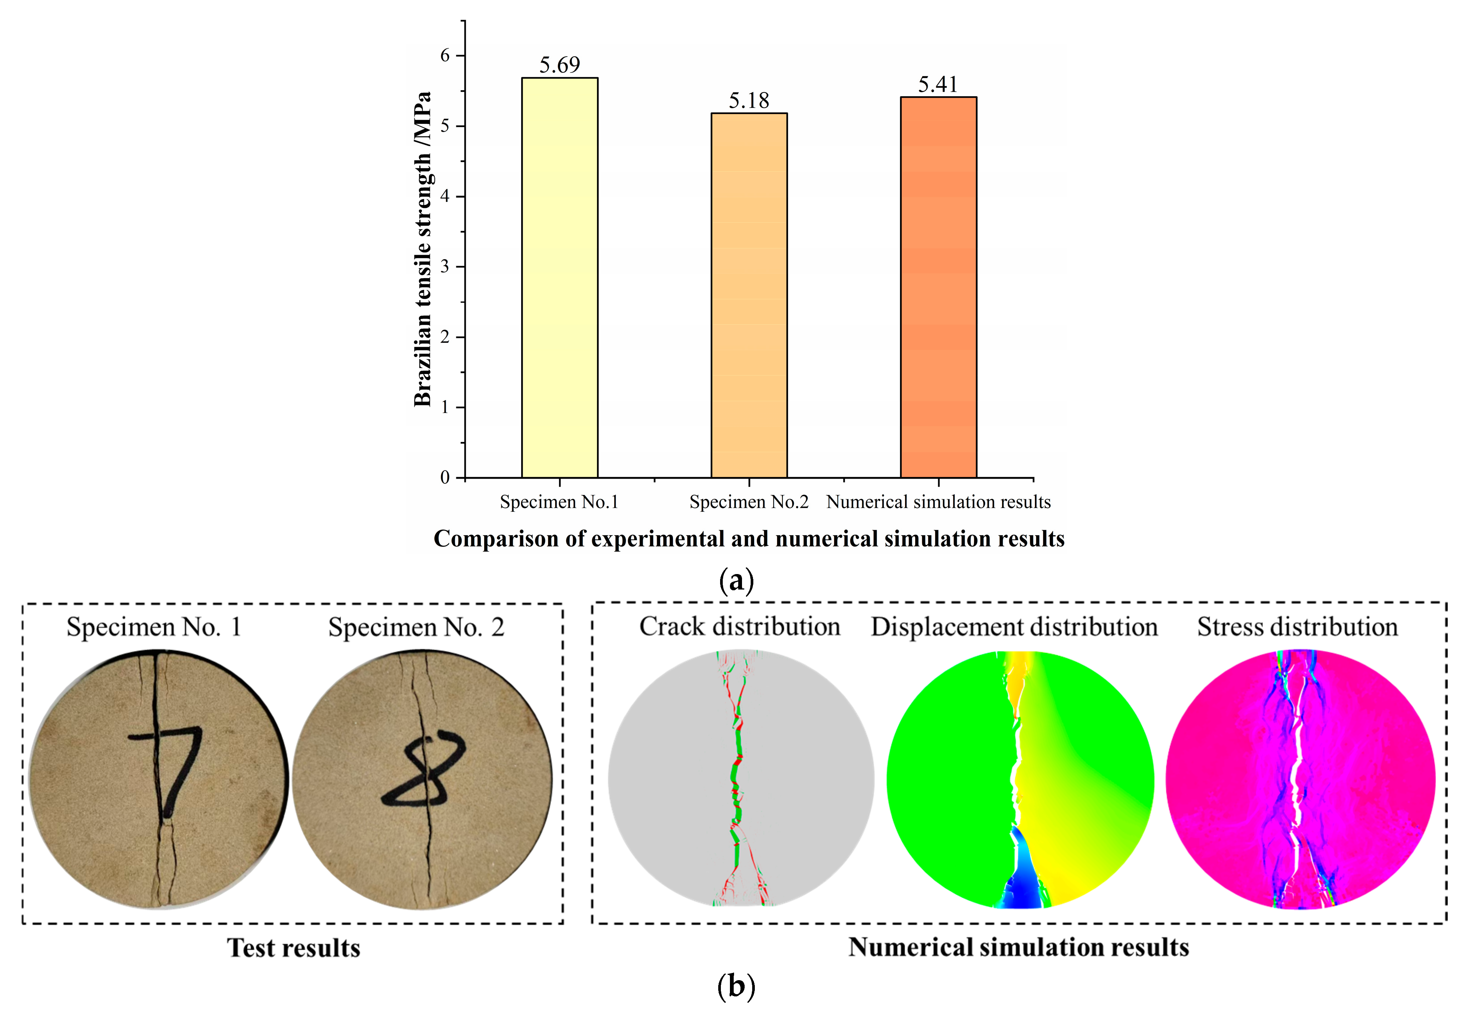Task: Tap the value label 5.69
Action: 559,65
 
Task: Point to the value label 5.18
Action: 749,100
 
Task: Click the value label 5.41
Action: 938,84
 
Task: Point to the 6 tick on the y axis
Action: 445,56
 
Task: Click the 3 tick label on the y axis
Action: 445,266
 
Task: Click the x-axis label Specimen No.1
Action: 559,502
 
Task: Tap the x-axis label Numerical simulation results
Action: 938,502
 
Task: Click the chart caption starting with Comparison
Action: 749,539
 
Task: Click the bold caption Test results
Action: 293,948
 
